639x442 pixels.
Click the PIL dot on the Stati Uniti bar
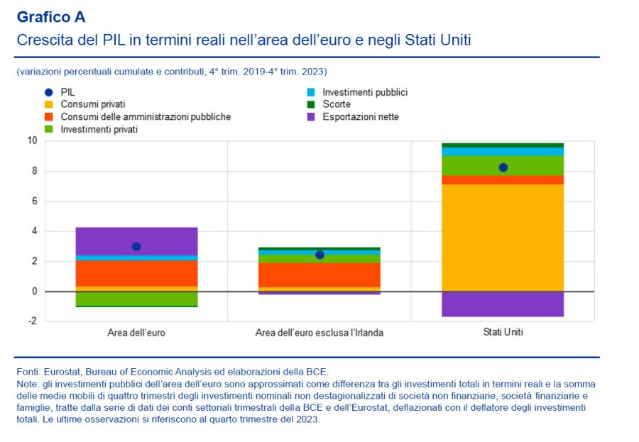coord(503,167)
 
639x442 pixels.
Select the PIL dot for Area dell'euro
coord(136,246)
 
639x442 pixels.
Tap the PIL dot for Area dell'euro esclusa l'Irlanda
coord(319,254)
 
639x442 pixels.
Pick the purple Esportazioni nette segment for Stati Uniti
coord(503,304)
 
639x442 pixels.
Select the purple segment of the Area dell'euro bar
coord(136,241)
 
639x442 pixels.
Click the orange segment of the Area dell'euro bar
coord(136,274)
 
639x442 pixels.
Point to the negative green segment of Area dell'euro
coord(136,298)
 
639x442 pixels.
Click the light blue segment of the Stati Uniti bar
coord(503,151)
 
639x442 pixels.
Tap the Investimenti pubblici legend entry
coord(364,92)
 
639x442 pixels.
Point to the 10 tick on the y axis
coord(32,140)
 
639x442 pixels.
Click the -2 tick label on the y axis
coord(31,321)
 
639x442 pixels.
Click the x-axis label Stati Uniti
coord(503,332)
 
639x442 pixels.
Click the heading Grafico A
coord(50,17)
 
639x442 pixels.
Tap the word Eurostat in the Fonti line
coord(62,371)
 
